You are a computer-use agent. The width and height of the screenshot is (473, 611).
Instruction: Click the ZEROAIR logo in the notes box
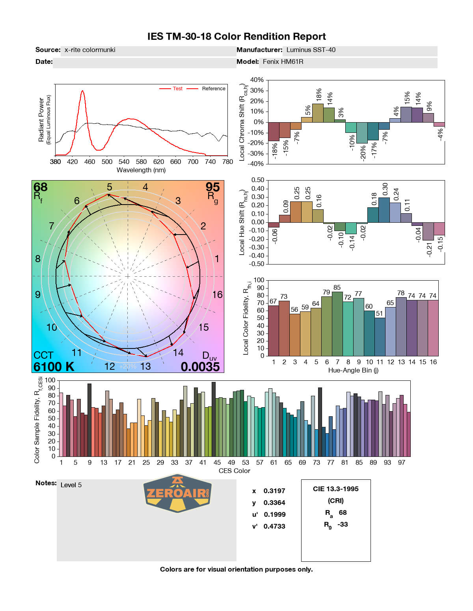tap(177, 493)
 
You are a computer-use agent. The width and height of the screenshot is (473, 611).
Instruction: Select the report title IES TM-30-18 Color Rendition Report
tap(236, 37)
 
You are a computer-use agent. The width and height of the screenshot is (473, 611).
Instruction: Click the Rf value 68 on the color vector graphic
tap(40, 187)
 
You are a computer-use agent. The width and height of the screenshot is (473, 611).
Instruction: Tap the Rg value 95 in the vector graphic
tap(212, 187)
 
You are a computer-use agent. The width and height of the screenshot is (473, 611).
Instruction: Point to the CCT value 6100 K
tap(54, 367)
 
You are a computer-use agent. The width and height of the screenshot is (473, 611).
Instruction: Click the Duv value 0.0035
tap(200, 367)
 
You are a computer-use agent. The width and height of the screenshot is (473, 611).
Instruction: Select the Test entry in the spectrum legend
tap(177, 89)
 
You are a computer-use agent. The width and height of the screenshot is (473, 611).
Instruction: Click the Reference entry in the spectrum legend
tap(213, 89)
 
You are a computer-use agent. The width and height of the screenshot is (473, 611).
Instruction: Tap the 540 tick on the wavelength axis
tap(124, 162)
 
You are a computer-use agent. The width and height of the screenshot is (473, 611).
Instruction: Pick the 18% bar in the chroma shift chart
tap(318, 113)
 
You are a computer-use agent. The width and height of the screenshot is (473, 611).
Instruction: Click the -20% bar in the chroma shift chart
tap(362, 132)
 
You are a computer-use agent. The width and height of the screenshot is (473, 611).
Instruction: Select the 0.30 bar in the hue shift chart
tap(384, 210)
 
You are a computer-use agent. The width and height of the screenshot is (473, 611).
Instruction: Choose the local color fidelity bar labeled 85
tap(337, 323)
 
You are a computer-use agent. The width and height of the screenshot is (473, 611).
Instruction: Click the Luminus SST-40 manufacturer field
tap(311, 50)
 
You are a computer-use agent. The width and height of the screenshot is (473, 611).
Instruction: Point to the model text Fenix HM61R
tap(283, 62)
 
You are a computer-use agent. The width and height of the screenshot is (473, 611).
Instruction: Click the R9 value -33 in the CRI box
tap(343, 524)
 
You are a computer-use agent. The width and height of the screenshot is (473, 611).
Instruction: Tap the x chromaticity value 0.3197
tap(274, 491)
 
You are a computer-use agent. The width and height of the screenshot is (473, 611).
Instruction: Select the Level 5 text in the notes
tap(71, 485)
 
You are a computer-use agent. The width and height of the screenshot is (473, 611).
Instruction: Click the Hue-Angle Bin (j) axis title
tap(353, 370)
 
